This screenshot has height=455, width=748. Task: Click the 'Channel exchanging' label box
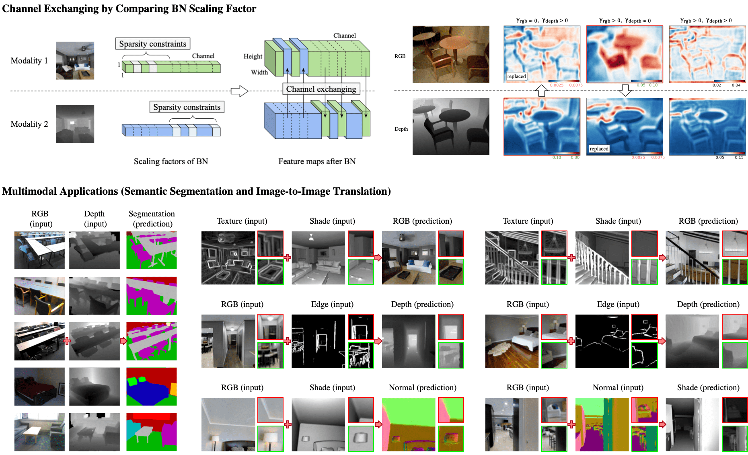click(321, 89)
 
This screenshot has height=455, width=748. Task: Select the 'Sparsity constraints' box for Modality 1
click(153, 44)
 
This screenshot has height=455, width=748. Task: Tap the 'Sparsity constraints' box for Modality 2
click(187, 107)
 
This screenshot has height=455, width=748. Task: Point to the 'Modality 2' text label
click(29, 124)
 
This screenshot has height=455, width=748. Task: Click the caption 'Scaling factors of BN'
click(171, 161)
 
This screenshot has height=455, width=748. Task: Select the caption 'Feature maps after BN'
click(317, 161)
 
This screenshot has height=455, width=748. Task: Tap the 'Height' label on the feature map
click(253, 56)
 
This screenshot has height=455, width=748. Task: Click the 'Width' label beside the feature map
click(259, 72)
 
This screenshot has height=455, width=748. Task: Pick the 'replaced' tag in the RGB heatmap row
click(516, 76)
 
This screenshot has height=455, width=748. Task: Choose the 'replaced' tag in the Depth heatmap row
click(599, 149)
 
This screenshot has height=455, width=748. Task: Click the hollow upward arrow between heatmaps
click(541, 91)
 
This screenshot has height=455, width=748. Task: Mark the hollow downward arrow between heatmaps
click(625, 90)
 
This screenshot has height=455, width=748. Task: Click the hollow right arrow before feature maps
click(239, 91)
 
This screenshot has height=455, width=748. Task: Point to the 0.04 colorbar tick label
click(736, 85)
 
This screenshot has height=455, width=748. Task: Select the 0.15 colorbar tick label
click(739, 158)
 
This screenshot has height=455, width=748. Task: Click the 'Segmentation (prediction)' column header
click(152, 218)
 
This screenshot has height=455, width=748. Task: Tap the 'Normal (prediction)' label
click(422, 387)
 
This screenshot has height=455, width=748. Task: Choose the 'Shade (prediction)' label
click(708, 387)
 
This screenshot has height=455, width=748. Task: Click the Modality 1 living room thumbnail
click(75, 60)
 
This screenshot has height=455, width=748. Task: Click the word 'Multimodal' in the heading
click(30, 191)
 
